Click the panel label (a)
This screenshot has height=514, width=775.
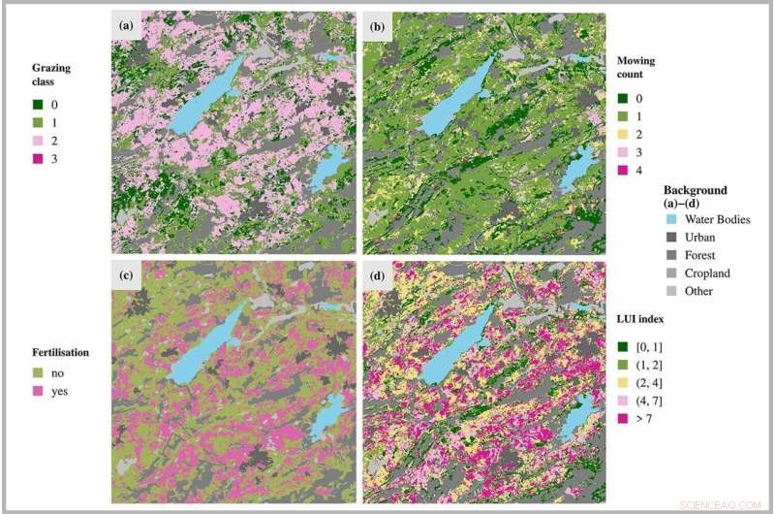point(126,24)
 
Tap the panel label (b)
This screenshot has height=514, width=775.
point(376,25)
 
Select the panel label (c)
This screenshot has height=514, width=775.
point(126,273)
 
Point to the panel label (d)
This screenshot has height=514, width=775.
point(376,273)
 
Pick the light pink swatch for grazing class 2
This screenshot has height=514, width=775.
point(37,140)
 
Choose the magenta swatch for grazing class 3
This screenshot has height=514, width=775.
point(37,157)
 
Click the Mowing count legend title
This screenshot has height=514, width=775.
point(635,68)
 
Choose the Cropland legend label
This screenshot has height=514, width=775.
point(706,273)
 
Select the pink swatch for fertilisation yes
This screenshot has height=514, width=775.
point(37,392)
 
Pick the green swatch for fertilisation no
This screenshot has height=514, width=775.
point(37,373)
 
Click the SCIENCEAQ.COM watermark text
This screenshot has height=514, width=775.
point(722,504)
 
